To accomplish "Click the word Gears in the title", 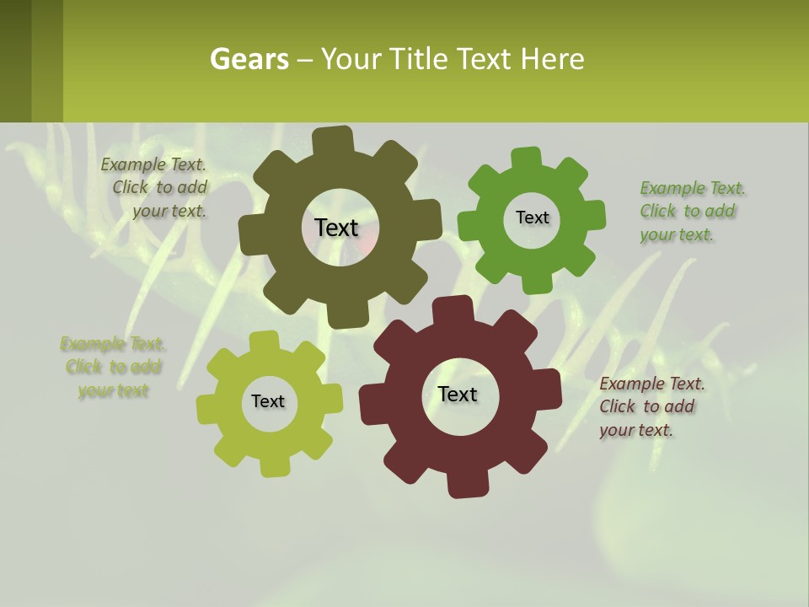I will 249,59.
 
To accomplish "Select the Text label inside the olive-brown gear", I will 336,228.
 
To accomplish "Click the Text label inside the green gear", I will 532,218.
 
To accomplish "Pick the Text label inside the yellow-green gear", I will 268,401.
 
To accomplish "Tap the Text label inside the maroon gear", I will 458,394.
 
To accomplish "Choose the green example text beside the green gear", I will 691,212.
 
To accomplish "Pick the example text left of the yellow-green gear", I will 113,368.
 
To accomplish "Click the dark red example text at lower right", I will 651,407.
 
